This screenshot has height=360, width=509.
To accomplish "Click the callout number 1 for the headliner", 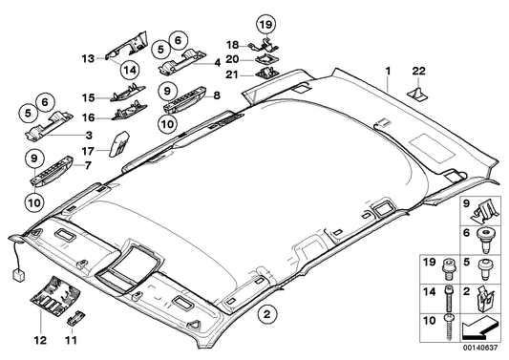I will (x=388, y=71).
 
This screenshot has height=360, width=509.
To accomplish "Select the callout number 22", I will (x=418, y=71).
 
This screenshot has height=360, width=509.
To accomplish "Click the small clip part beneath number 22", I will (x=418, y=94).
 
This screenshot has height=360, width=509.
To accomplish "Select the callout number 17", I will (x=87, y=149).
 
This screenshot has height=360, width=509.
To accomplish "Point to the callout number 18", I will (x=231, y=44).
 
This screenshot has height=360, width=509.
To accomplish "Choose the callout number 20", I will (x=231, y=58).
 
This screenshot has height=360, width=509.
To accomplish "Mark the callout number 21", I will (x=231, y=74).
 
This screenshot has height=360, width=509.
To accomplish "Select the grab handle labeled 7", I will (x=48, y=170).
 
